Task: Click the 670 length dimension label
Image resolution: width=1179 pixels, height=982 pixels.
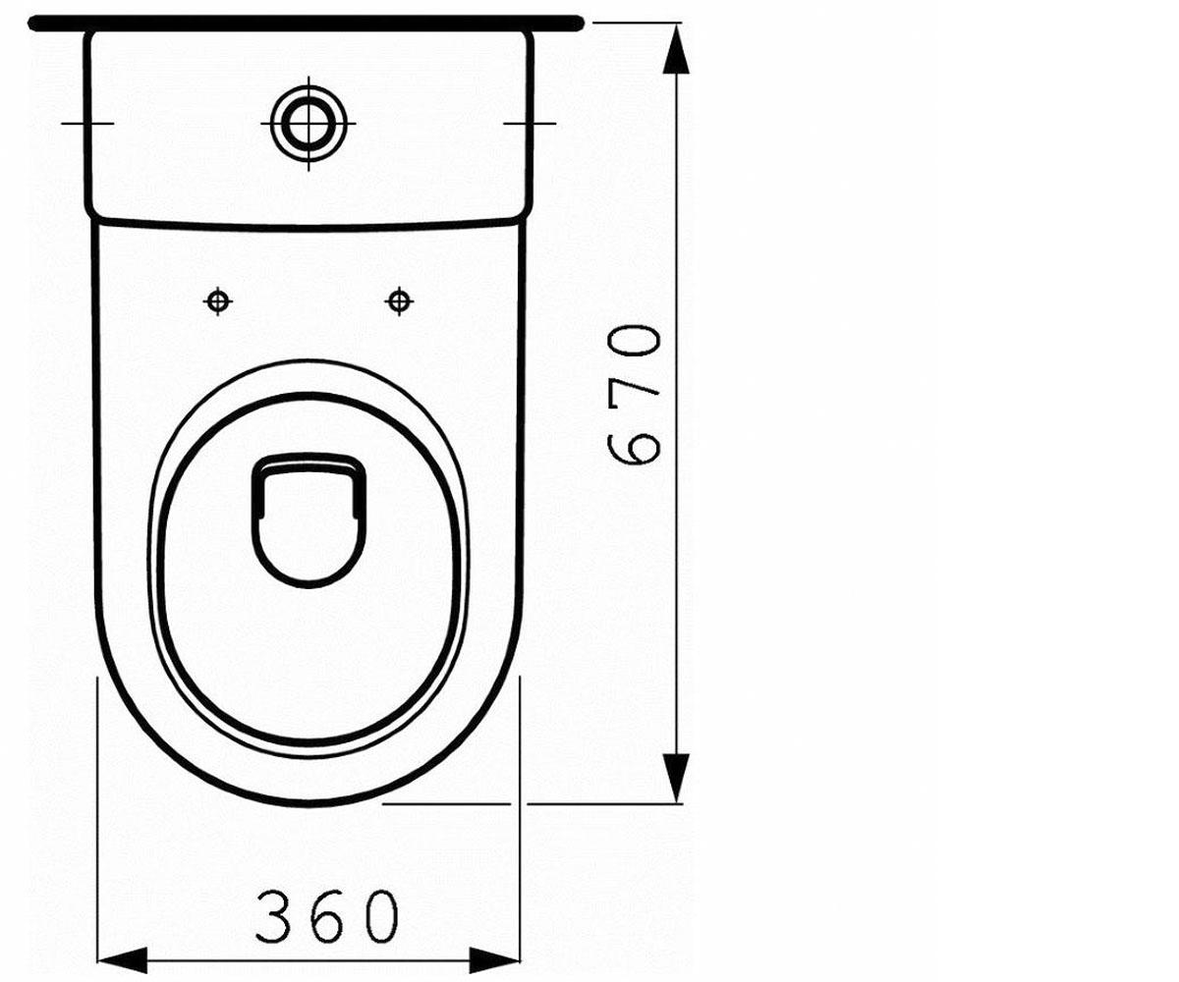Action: click(633, 394)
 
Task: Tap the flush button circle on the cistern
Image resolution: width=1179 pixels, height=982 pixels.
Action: click(309, 123)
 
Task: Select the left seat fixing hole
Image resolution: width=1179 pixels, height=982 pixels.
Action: click(218, 301)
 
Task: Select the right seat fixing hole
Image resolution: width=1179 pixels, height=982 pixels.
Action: click(399, 301)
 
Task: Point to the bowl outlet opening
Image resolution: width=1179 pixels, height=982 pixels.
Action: click(309, 519)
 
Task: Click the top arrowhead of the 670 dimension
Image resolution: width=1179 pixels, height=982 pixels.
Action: click(676, 49)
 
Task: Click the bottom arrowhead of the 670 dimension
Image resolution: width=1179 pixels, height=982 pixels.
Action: click(676, 778)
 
